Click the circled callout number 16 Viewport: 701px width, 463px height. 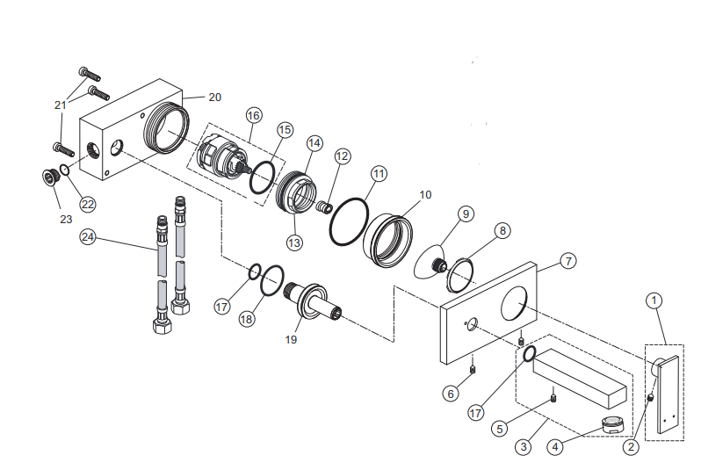[254, 116]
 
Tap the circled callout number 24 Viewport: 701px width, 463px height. [88, 236]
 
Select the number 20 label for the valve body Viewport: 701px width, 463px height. [215, 97]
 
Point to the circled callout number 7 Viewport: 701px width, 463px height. [568, 261]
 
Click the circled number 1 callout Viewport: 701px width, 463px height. [654, 300]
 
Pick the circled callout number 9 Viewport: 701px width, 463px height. [466, 213]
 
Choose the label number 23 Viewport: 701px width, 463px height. [66, 220]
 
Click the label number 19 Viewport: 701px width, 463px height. [291, 340]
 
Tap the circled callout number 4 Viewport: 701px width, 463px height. [555, 446]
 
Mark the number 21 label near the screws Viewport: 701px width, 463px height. [61, 105]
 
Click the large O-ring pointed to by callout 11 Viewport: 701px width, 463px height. [349, 221]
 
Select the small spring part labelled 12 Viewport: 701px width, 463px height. [323, 208]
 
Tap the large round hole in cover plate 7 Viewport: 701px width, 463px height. [514, 304]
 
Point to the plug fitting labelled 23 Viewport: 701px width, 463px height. [48, 176]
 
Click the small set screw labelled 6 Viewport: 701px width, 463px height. [473, 370]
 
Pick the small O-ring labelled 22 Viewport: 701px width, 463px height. [65, 170]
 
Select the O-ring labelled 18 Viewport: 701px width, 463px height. [271, 280]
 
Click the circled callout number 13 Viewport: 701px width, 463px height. [294, 242]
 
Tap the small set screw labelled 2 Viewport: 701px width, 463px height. [650, 397]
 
